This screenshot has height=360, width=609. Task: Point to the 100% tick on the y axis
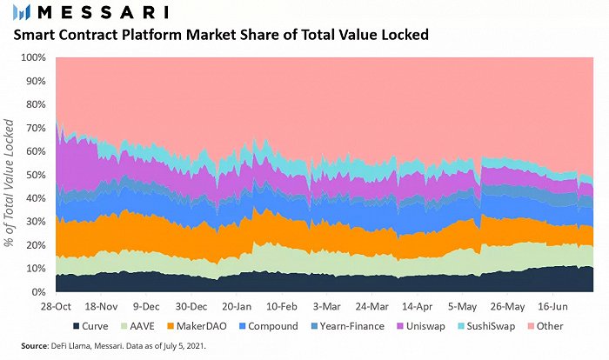[31, 57]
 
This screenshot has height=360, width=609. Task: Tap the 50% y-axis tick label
[34, 175]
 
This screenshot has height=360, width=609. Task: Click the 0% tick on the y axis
[37, 292]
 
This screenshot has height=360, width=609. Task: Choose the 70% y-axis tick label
[34, 128]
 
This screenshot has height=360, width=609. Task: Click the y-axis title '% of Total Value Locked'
[10, 175]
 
